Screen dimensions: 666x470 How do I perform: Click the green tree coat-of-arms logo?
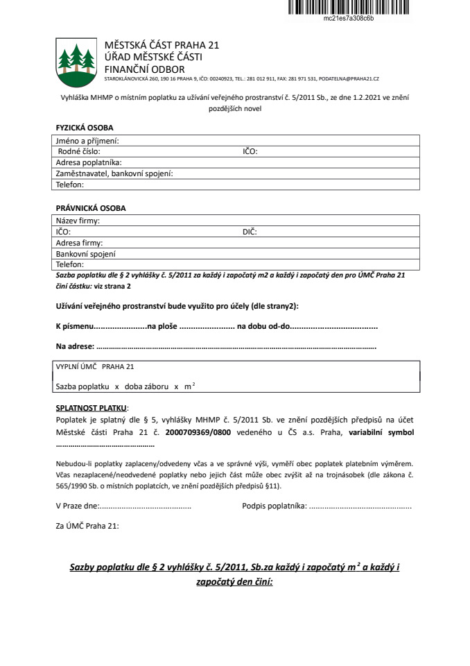[x=75, y=60]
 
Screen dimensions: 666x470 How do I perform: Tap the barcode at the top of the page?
[x=349, y=7]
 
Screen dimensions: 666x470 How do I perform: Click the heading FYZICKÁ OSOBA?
[x=84, y=128]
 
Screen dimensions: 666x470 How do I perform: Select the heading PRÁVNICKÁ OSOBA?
[x=91, y=208]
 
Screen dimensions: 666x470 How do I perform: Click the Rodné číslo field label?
[x=79, y=151]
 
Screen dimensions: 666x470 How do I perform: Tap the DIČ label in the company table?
[x=250, y=232]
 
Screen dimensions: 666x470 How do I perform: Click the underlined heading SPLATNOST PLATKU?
[x=92, y=408]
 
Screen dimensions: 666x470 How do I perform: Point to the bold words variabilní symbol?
[x=381, y=432]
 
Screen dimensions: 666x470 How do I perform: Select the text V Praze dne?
[x=78, y=506]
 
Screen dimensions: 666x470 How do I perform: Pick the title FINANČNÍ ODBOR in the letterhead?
[x=144, y=69]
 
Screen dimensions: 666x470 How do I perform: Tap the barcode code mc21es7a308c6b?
[x=349, y=19]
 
